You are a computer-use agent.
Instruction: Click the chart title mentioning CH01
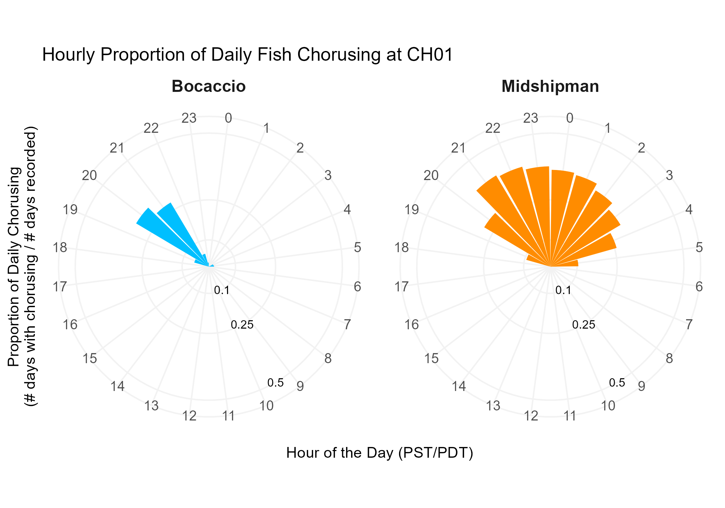(x=247, y=55)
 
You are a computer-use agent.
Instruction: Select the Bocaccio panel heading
(x=209, y=87)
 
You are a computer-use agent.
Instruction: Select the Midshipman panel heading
(x=550, y=87)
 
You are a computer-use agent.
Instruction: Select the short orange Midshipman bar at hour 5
(x=568, y=263)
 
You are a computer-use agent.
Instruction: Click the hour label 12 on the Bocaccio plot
(x=189, y=416)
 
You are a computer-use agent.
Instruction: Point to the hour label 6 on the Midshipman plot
(x=699, y=287)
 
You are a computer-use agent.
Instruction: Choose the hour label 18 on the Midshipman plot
(x=402, y=248)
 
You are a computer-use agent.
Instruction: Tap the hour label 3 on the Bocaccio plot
(x=328, y=175)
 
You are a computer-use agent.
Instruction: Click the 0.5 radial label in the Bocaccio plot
(x=275, y=383)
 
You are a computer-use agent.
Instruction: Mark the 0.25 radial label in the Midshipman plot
(x=583, y=325)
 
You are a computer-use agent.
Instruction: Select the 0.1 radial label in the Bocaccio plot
(x=222, y=290)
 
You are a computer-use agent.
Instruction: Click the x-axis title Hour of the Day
(x=380, y=453)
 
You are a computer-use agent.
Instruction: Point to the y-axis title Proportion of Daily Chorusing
(x=14, y=267)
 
